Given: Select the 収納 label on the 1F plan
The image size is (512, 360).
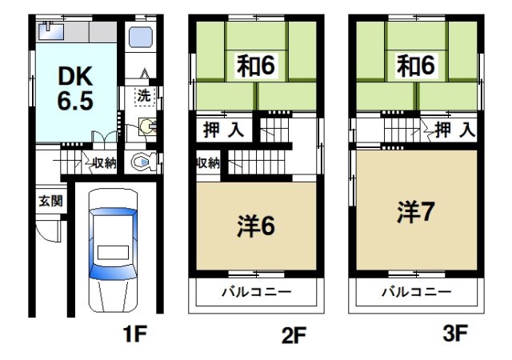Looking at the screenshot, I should point(102,164).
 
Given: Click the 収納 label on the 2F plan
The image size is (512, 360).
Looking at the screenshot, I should point(207,164).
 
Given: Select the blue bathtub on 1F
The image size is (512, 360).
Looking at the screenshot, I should point(142,38).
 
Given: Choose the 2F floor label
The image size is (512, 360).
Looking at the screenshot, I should point(294,335).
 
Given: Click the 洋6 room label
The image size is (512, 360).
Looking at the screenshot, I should point(256,226).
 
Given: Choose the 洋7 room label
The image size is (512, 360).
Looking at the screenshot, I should point(416,212).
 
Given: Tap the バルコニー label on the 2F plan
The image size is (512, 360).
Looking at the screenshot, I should point(256,292).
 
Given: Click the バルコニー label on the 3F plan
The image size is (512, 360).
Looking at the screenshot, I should point(416,292).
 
